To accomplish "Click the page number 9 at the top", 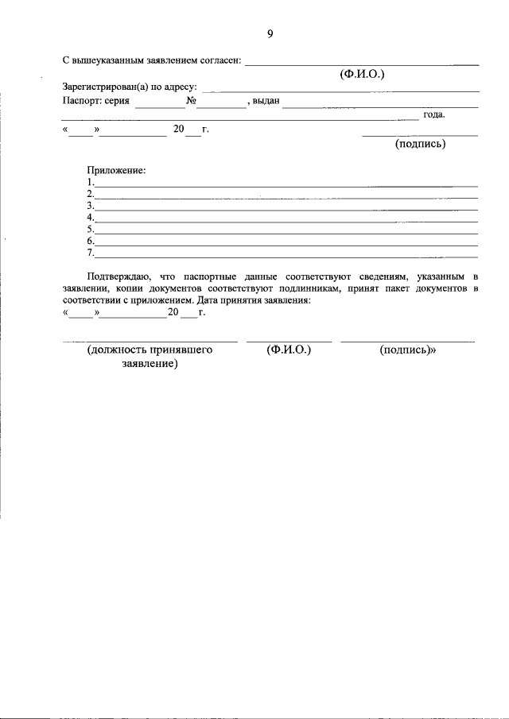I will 270,33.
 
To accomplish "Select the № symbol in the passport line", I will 192,102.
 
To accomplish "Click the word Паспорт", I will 80,102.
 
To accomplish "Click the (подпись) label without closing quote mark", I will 420,144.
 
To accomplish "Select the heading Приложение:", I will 116,170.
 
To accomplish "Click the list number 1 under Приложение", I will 91,182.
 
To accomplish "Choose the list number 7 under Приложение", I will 91,253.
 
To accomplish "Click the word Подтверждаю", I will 119,276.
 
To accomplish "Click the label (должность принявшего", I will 150,349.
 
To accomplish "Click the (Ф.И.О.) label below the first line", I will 362,74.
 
